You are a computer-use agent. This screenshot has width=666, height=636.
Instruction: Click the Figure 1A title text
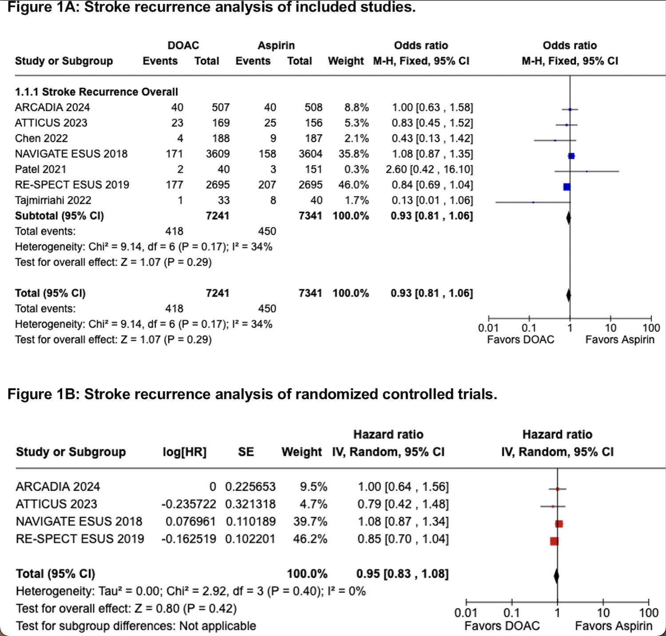tap(211, 7)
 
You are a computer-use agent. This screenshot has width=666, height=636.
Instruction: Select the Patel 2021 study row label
tap(40, 169)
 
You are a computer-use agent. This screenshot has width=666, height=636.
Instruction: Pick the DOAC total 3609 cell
tap(218, 154)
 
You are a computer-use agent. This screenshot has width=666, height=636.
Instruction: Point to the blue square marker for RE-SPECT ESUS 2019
tap(567, 187)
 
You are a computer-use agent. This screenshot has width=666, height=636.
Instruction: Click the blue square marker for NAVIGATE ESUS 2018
tap(571, 156)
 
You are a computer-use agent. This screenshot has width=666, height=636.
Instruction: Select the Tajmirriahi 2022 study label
tap(53, 200)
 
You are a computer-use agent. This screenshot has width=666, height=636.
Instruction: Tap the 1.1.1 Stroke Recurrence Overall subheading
tap(96, 92)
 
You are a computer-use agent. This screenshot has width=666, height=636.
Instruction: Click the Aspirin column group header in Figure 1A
tap(276, 45)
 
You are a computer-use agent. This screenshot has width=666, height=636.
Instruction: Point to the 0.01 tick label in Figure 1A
tap(488, 328)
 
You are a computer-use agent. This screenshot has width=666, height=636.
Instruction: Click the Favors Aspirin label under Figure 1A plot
tap(619, 340)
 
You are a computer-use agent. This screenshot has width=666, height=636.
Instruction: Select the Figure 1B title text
tap(252, 394)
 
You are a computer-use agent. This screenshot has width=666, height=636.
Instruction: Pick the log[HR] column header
tap(184, 452)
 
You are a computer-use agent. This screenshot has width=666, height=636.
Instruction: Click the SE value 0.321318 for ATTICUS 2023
tap(250, 504)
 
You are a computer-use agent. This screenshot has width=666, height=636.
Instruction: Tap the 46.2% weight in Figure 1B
tap(310, 539)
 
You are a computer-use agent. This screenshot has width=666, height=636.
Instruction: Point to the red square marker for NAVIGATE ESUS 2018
tap(559, 524)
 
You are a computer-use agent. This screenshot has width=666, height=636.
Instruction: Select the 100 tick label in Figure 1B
tap(648, 613)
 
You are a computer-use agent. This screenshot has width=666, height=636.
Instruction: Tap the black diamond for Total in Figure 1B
tap(556, 576)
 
